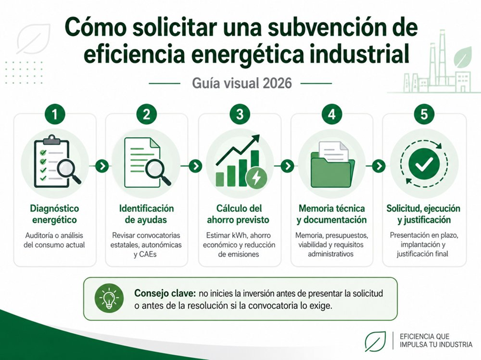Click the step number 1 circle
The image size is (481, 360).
[x=55, y=114]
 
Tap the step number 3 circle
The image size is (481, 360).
[x=240, y=114]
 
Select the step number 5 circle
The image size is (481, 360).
[x=424, y=114]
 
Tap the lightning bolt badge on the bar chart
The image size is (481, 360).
[x=256, y=177]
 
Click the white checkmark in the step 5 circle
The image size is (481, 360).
[x=424, y=164]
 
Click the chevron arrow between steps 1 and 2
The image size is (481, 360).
[x=102, y=166]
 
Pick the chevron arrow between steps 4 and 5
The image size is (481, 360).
[x=379, y=166]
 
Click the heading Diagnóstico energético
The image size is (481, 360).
[x=55, y=214]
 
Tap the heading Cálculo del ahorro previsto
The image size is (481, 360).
[x=238, y=214]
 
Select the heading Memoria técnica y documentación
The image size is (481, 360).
[x=332, y=214]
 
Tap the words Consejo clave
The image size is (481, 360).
[x=165, y=293]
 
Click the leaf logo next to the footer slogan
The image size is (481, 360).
[x=375, y=341]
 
